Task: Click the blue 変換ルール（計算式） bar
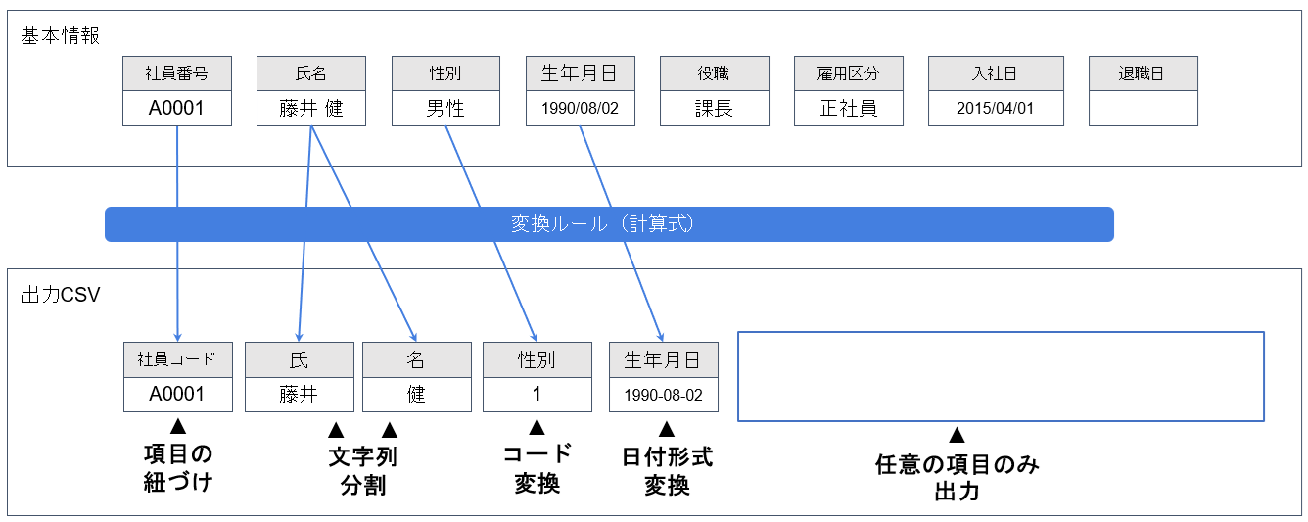(x=609, y=224)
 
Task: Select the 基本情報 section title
(x=60, y=36)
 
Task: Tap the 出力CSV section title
(x=60, y=295)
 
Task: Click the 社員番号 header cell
(x=177, y=73)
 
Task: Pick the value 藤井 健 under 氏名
(x=311, y=109)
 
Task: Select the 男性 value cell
(x=445, y=109)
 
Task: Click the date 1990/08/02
(x=581, y=109)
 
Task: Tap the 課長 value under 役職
(x=715, y=109)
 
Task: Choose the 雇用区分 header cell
(x=849, y=73)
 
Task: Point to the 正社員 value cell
(x=849, y=109)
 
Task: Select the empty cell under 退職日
(x=1143, y=109)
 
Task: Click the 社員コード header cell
(x=178, y=359)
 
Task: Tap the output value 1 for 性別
(x=537, y=395)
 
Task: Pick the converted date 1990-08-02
(x=664, y=395)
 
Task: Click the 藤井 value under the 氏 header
(x=299, y=395)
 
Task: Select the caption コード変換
(x=537, y=468)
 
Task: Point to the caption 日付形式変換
(x=667, y=470)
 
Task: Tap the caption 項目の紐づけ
(x=177, y=468)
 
